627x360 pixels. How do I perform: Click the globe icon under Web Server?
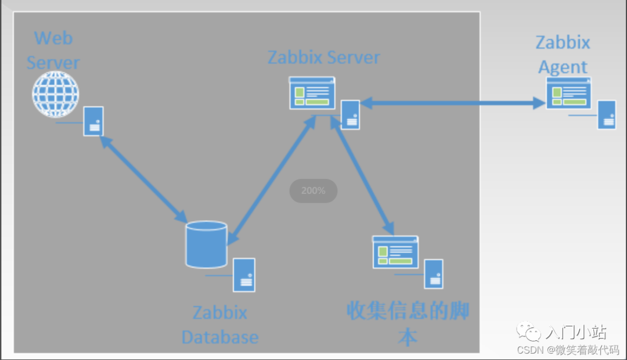click(55, 94)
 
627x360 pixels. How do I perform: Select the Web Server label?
click(53, 51)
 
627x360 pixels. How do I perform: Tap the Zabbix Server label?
click(323, 57)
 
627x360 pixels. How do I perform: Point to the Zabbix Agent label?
click(563, 55)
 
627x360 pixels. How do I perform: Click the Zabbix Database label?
click(220, 325)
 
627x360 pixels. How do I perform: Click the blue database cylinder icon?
click(206, 244)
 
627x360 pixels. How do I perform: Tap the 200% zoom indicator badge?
click(313, 190)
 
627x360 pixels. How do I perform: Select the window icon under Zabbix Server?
click(312, 93)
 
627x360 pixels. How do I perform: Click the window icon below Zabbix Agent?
click(568, 93)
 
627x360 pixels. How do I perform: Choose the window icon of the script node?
click(395, 252)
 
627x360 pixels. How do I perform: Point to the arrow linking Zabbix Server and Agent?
click(452, 103)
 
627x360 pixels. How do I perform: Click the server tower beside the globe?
click(93, 121)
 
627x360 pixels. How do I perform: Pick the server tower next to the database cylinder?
click(244, 275)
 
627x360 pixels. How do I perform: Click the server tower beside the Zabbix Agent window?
click(607, 114)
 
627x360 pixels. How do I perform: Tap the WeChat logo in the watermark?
click(531, 333)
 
